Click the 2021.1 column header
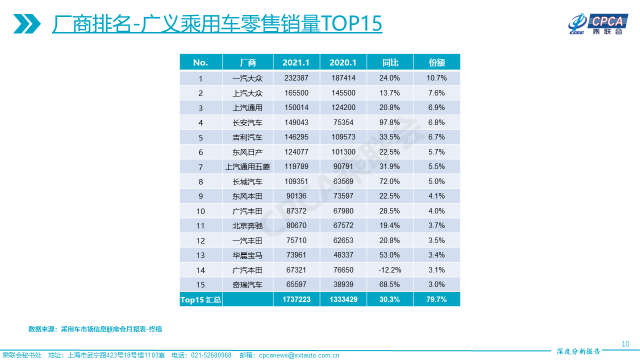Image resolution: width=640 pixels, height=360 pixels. [296, 62]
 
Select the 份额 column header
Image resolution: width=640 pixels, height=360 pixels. [436, 62]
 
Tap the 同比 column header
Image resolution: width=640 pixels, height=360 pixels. [390, 62]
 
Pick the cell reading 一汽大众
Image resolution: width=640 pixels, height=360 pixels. [247, 78]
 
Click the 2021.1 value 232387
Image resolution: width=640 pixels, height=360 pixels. [296, 78]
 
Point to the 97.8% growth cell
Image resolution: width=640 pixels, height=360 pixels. [390, 122]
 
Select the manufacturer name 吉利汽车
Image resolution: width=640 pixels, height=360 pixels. [247, 137]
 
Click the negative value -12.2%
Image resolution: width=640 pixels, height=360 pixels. [390, 270]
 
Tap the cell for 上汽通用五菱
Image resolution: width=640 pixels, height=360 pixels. [247, 167]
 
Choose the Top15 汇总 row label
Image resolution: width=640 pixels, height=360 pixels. [200, 300]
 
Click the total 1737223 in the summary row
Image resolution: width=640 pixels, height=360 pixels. [296, 300]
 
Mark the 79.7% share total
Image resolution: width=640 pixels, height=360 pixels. [436, 300]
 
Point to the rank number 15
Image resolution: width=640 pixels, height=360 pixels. [200, 285]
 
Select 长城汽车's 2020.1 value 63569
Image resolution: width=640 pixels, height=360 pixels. [343, 181]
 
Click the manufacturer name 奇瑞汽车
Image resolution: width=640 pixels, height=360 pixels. [247, 285]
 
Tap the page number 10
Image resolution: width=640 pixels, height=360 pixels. [625, 344]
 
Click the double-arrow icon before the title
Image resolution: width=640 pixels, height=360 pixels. [27, 23]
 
